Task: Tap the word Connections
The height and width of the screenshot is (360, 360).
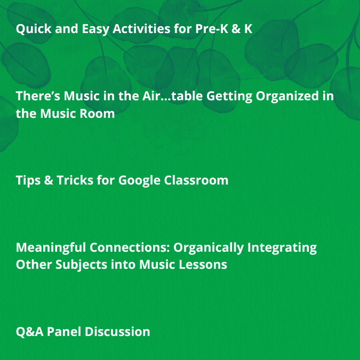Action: [131, 248]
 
